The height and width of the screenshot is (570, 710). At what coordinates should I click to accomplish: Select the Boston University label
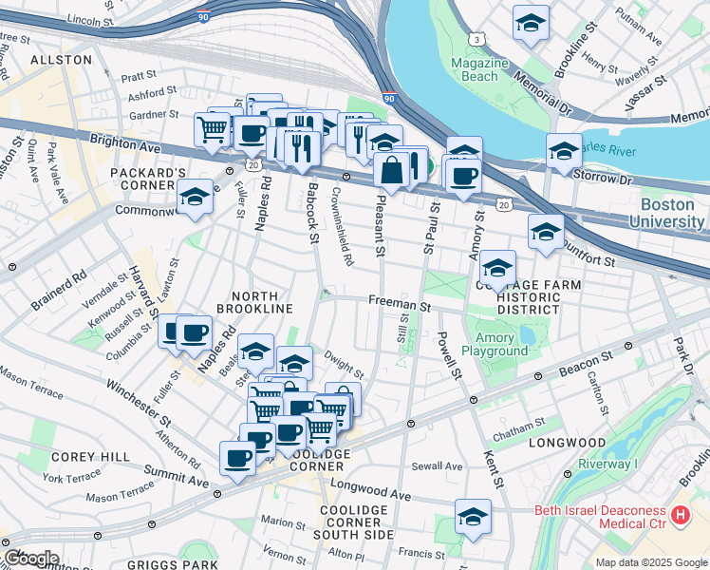(673, 213)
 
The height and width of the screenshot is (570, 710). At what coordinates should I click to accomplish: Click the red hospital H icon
(680, 515)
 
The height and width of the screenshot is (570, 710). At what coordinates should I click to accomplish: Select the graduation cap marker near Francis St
(473, 517)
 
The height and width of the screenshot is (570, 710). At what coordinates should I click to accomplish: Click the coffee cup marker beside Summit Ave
(237, 458)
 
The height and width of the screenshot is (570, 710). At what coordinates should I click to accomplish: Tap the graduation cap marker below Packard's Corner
(196, 197)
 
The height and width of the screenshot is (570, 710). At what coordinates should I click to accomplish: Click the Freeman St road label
(400, 306)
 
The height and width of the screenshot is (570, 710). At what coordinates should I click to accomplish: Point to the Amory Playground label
(495, 344)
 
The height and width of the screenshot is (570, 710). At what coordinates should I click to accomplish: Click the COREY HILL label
(91, 457)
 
